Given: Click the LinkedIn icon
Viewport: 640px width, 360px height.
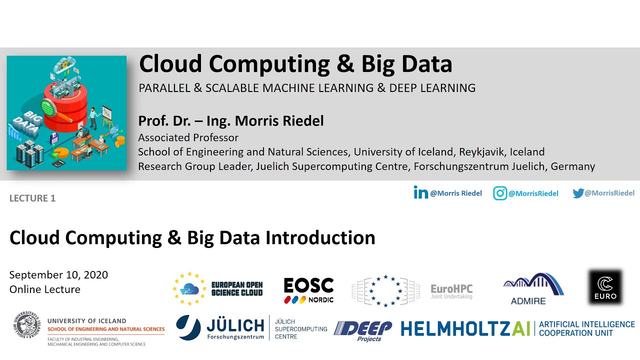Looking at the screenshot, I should pos(420,192).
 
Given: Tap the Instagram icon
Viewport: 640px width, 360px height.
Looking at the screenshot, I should pos(500,193).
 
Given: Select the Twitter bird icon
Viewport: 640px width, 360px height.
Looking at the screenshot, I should pos(578,193).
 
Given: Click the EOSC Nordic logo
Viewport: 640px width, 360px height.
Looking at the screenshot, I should pos(308,290).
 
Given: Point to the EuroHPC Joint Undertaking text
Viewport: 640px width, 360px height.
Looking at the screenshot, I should pos(451,291).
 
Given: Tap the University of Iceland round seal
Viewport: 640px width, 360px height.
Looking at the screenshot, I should pos(26,328).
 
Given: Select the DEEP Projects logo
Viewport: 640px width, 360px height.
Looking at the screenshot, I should pos(363,330).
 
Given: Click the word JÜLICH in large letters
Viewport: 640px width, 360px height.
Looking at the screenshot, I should pos(235,326).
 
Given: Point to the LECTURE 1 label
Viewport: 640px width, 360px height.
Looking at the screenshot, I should pos(32,198).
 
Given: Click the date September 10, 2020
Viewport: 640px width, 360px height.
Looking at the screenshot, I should pos(58,275).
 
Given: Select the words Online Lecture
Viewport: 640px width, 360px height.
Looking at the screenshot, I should pos(45,289).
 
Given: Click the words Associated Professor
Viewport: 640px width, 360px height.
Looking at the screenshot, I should pos(188,137).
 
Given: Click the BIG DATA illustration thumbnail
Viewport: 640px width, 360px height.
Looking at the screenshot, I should pos(66,113).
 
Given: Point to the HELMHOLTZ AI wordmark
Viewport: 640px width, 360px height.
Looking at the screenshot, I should pos(465,328).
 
